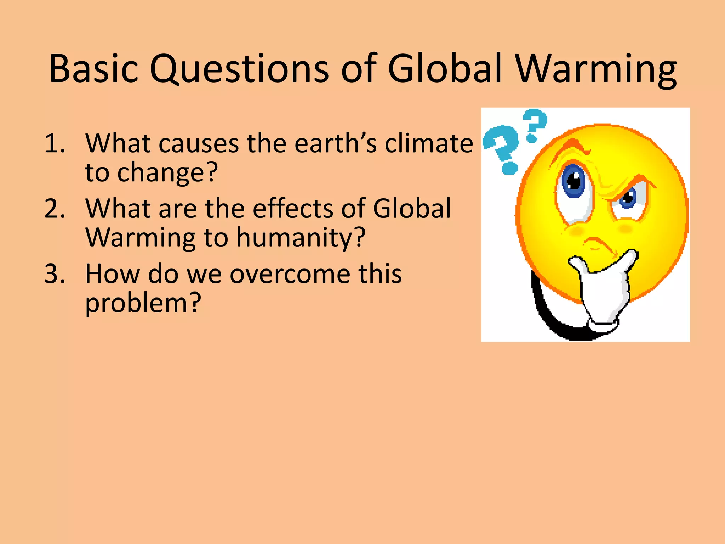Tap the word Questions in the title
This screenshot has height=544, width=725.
point(239,69)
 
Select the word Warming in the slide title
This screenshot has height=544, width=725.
point(596,69)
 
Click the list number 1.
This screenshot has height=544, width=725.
point(55,143)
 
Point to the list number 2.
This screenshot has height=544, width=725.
point(55,209)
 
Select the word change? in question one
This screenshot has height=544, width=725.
point(167,172)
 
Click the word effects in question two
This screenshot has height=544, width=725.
point(293,209)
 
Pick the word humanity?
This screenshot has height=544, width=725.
point(301,238)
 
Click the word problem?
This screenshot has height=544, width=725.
point(143,304)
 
